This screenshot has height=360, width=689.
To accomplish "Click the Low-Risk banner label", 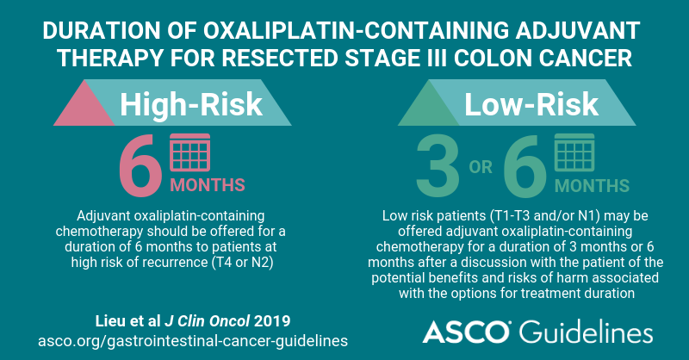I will (x=531, y=104).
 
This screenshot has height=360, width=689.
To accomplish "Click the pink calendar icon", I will (x=190, y=152).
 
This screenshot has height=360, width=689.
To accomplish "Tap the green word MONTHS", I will (x=592, y=186).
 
